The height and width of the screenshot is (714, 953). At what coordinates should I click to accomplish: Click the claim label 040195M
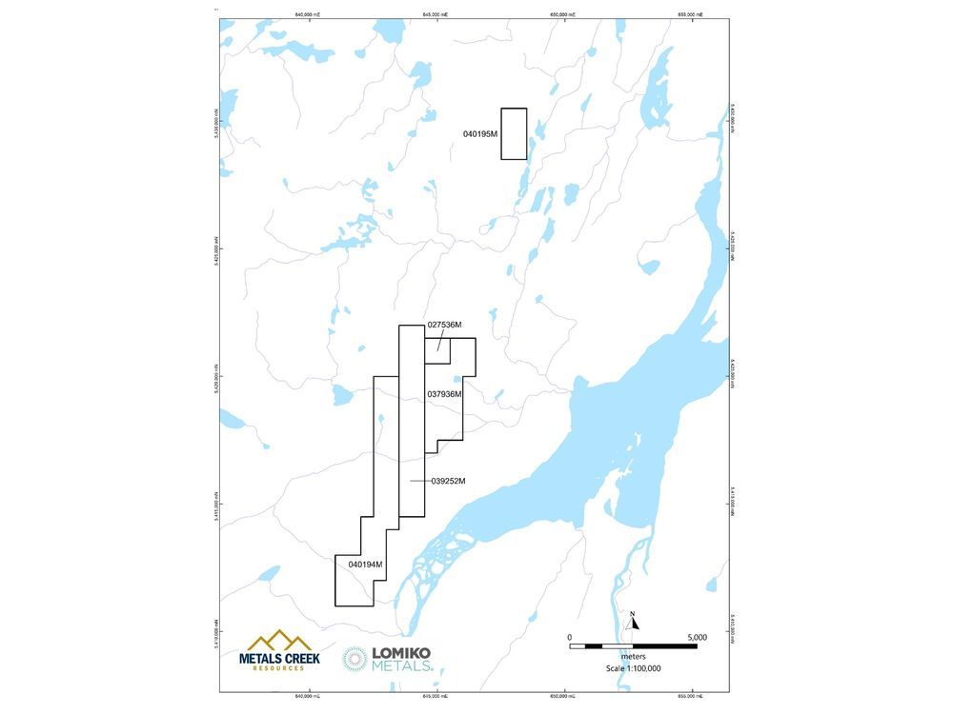tap(481, 134)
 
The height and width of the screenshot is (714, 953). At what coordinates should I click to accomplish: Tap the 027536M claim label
tap(444, 325)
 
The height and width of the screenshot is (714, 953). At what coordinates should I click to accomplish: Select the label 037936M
tap(444, 394)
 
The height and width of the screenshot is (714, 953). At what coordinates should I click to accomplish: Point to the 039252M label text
tap(448, 481)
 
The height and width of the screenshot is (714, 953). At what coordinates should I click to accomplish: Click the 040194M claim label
tap(365, 565)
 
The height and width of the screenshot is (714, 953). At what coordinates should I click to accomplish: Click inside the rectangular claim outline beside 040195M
tap(514, 133)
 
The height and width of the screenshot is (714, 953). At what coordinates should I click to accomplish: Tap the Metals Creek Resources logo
tap(278, 650)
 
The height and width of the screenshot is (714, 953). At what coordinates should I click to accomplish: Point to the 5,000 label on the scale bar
tap(697, 637)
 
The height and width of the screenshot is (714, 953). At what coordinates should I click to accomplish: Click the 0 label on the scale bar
tap(569, 637)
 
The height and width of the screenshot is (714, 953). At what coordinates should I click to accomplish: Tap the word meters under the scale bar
tap(634, 657)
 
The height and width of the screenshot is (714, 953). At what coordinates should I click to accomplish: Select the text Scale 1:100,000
tap(634, 668)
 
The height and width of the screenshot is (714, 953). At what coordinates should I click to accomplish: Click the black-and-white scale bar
tap(633, 646)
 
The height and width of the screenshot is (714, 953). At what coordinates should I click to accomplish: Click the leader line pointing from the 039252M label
tap(419, 481)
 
